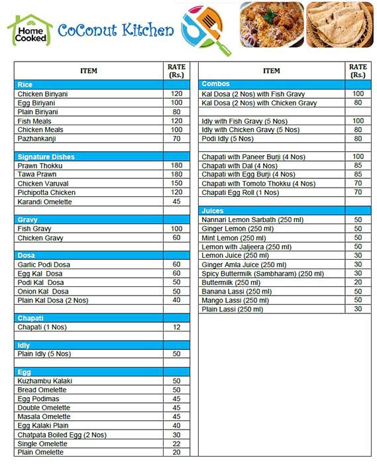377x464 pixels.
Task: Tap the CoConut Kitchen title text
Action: (x=115, y=30)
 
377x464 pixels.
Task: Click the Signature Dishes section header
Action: (x=46, y=156)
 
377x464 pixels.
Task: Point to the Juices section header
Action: (x=213, y=211)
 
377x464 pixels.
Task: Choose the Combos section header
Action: (x=215, y=85)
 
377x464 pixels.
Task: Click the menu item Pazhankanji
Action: (x=39, y=139)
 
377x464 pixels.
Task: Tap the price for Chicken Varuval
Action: (x=176, y=184)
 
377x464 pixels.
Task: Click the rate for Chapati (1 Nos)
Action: (x=176, y=327)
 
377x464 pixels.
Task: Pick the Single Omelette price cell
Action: (x=176, y=443)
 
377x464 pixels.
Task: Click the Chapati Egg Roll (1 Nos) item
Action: (x=240, y=193)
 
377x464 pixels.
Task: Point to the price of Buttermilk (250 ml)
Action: (x=358, y=282)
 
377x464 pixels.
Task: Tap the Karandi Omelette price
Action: (x=176, y=202)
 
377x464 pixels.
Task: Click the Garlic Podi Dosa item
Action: (x=43, y=264)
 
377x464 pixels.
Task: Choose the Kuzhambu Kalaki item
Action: (x=44, y=381)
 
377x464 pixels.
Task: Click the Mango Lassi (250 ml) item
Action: (x=235, y=300)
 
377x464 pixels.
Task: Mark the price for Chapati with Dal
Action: (x=358, y=166)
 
